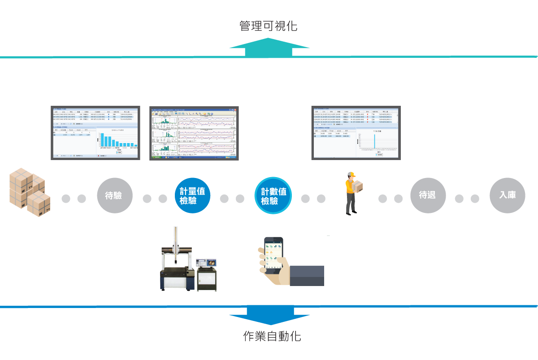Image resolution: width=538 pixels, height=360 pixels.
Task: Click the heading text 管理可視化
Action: (268, 26)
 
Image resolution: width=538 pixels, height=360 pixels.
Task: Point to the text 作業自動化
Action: (272, 336)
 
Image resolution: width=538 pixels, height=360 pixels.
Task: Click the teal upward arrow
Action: (269, 47)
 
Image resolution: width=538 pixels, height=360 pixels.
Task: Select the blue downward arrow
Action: (269, 316)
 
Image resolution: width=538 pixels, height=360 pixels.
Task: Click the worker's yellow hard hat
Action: (350, 175)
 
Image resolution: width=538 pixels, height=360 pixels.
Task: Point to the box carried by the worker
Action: (357, 186)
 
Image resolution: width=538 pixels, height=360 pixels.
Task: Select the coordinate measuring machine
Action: (177, 269)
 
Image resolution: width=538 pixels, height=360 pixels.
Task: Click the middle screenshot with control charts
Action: (194, 133)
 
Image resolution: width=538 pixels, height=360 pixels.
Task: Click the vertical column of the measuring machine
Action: (176, 242)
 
